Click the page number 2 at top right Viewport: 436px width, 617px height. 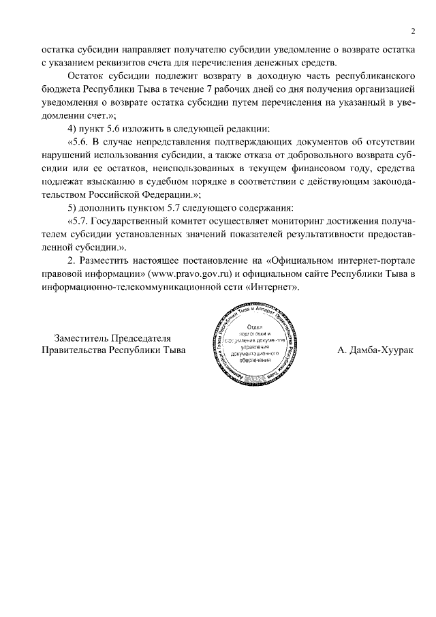413,31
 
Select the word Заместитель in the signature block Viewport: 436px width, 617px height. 82,338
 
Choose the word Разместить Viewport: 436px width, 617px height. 109,261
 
